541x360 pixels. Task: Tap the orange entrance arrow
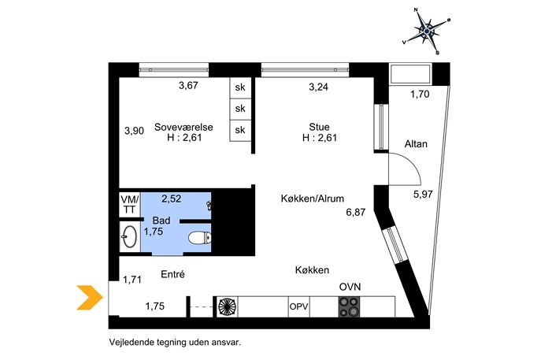tap(87, 298)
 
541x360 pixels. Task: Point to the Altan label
tap(416, 144)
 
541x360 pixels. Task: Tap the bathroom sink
tap(129, 234)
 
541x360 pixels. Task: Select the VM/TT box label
tap(129, 204)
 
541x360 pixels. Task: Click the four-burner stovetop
tap(349, 306)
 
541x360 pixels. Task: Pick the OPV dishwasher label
tap(299, 307)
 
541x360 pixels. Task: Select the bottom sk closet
tap(240, 130)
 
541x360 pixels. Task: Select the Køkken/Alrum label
tap(313, 199)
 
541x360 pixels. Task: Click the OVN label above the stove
tap(350, 287)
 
